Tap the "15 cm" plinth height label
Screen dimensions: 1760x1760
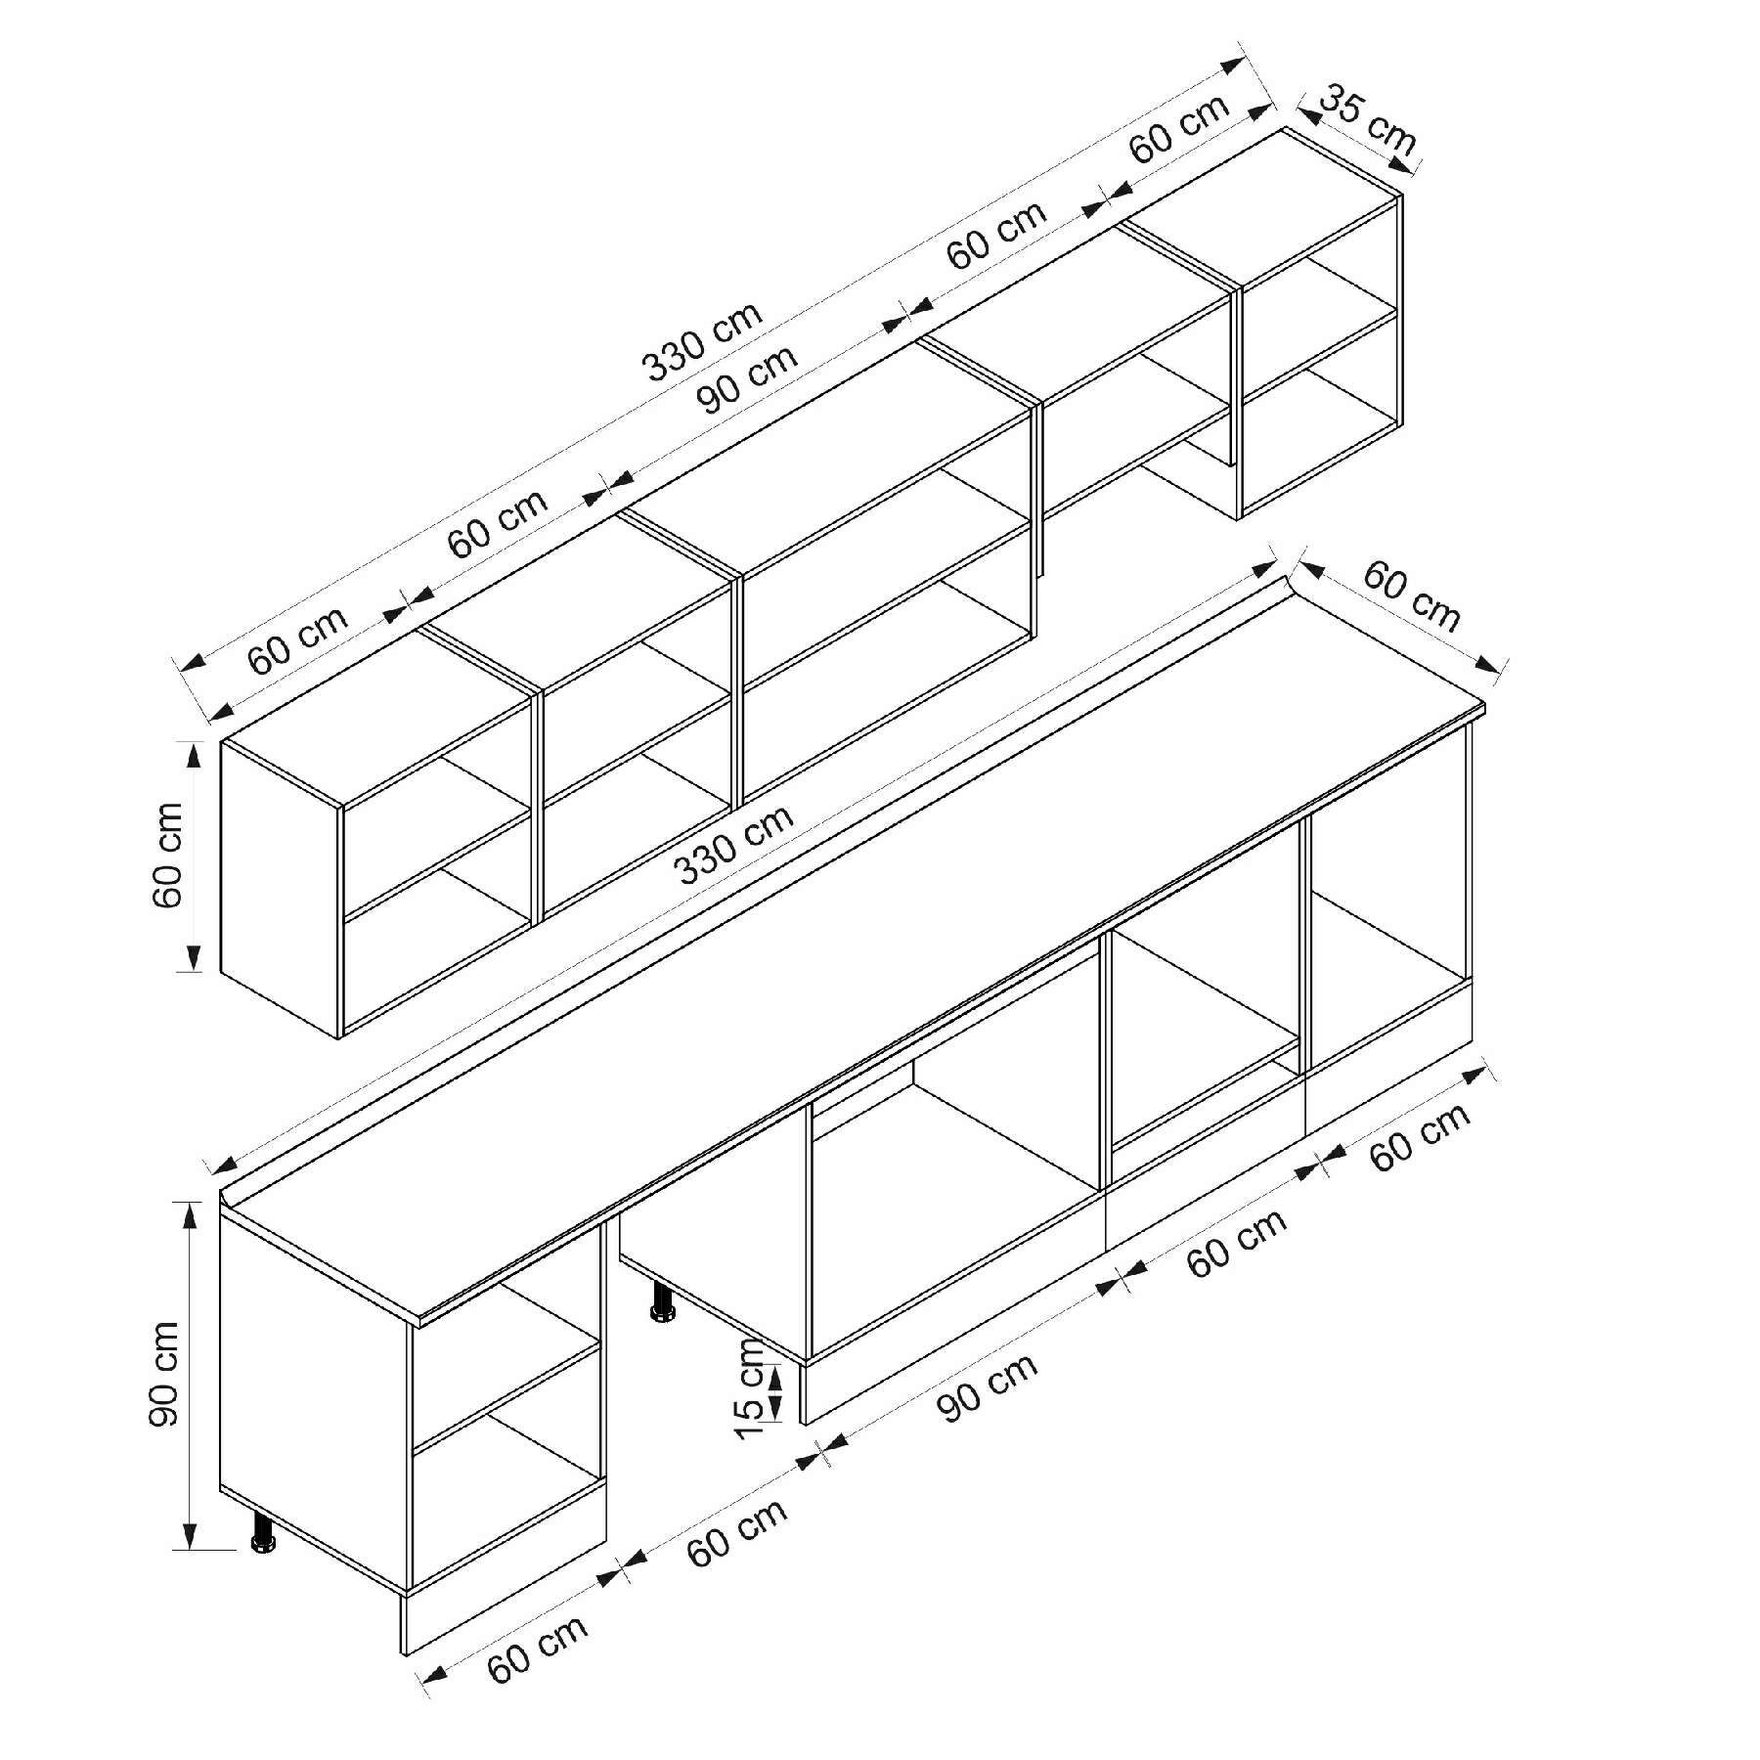click(x=755, y=1387)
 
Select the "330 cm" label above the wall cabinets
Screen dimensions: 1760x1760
click(x=702, y=341)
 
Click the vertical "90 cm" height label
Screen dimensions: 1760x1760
click(x=166, y=1374)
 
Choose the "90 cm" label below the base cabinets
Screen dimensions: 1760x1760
click(x=988, y=1386)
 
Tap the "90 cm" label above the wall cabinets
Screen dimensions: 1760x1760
click(x=747, y=379)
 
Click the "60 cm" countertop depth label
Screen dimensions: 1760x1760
click(x=1411, y=595)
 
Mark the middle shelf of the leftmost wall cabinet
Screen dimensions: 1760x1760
click(x=438, y=865)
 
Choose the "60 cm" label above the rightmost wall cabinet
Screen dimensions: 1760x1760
click(x=1180, y=129)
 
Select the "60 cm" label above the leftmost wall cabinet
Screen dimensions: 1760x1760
click(x=297, y=640)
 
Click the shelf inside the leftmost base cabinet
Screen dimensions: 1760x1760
click(x=506, y=1398)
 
